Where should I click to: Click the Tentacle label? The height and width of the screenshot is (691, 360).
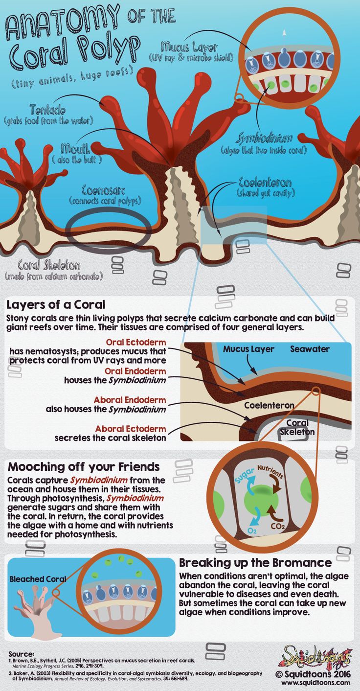point(47,110)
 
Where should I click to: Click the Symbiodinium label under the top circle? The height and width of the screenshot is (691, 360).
point(264,138)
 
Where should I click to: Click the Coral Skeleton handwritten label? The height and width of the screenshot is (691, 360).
point(49,265)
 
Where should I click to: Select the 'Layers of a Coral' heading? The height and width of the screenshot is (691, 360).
point(56,304)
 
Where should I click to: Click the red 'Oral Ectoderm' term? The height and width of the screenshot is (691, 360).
point(136,342)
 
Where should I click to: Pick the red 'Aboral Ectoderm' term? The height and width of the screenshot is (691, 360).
point(131,429)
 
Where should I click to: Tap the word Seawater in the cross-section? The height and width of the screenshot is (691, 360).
point(310,349)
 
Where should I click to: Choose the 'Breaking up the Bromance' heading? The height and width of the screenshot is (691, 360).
point(255,562)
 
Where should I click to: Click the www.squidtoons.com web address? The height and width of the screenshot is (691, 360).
point(315,682)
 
